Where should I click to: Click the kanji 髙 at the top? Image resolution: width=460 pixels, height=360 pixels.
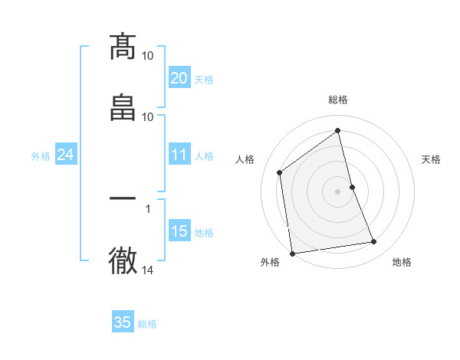(x=123, y=47)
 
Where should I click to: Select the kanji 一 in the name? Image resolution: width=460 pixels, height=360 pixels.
(x=123, y=198)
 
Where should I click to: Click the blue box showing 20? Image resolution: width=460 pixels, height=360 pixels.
(x=179, y=78)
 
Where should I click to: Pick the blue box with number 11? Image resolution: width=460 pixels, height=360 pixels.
(x=179, y=155)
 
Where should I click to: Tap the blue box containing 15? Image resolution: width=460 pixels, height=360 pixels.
(x=179, y=231)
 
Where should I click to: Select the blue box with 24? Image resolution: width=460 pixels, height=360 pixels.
(x=65, y=155)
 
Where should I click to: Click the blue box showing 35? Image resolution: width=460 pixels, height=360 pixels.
(x=123, y=322)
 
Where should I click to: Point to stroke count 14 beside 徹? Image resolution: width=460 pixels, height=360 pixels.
(x=148, y=270)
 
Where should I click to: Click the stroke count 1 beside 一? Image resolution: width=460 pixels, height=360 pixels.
(x=148, y=208)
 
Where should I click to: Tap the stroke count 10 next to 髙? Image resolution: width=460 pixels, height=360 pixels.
(x=148, y=56)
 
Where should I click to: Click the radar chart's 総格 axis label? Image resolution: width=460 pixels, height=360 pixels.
(x=338, y=100)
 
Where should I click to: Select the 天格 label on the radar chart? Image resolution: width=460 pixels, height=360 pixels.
(x=432, y=159)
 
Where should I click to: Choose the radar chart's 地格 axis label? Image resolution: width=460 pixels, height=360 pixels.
(x=402, y=262)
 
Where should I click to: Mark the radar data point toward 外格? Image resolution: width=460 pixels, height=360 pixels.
(x=292, y=254)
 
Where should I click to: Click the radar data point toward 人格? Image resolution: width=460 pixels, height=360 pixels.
(x=280, y=172)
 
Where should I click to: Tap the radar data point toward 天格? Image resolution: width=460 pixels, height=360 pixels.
(x=352, y=186)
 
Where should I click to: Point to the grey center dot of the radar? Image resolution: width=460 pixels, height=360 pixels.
(x=338, y=191)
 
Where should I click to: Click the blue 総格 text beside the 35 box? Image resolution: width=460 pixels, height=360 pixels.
(x=147, y=324)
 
